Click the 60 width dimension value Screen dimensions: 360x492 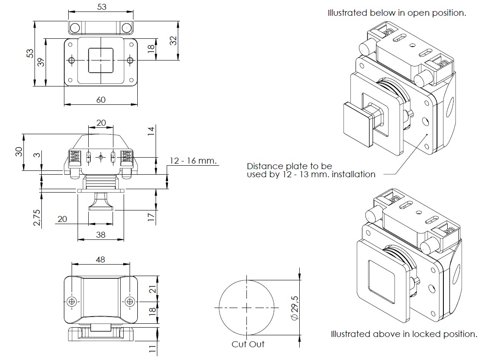(101, 100)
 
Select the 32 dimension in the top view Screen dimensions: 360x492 (173, 41)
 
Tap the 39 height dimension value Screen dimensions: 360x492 (41, 62)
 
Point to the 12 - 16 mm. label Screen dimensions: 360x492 (194, 161)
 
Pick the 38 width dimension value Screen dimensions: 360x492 (101, 234)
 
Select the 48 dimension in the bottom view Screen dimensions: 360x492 (101, 259)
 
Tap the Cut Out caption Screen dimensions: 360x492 (248, 344)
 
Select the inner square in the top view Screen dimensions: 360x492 (101, 60)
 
